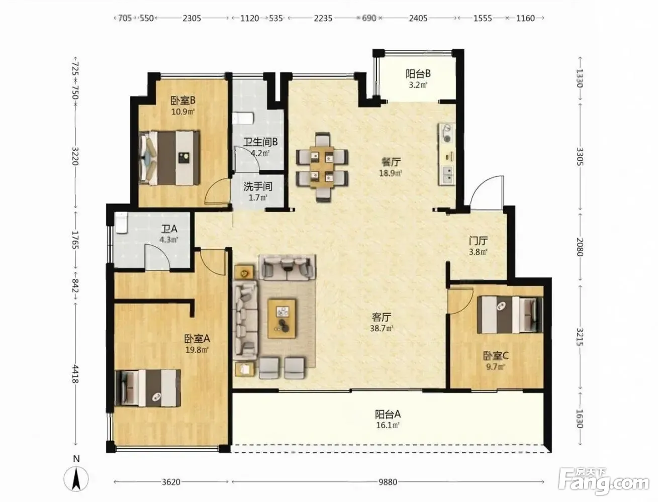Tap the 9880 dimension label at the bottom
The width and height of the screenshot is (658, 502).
coord(388,482)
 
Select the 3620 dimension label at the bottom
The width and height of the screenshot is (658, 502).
coord(171,482)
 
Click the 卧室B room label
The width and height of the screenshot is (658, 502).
coord(183,101)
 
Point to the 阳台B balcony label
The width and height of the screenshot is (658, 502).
coord(418,73)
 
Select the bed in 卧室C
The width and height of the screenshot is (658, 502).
coord(510,315)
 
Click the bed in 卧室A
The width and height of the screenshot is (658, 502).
coord(148,388)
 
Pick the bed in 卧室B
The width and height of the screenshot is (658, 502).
coord(169,158)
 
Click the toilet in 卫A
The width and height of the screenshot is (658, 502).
coord(121,223)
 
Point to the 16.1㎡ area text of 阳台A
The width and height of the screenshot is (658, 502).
coord(388,425)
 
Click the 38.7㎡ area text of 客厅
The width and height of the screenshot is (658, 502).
coord(382,328)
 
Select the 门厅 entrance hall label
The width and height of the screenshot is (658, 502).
coord(478,240)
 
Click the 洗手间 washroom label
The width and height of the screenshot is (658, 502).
coord(258,186)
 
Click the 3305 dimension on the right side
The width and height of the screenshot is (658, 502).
coord(580,156)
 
